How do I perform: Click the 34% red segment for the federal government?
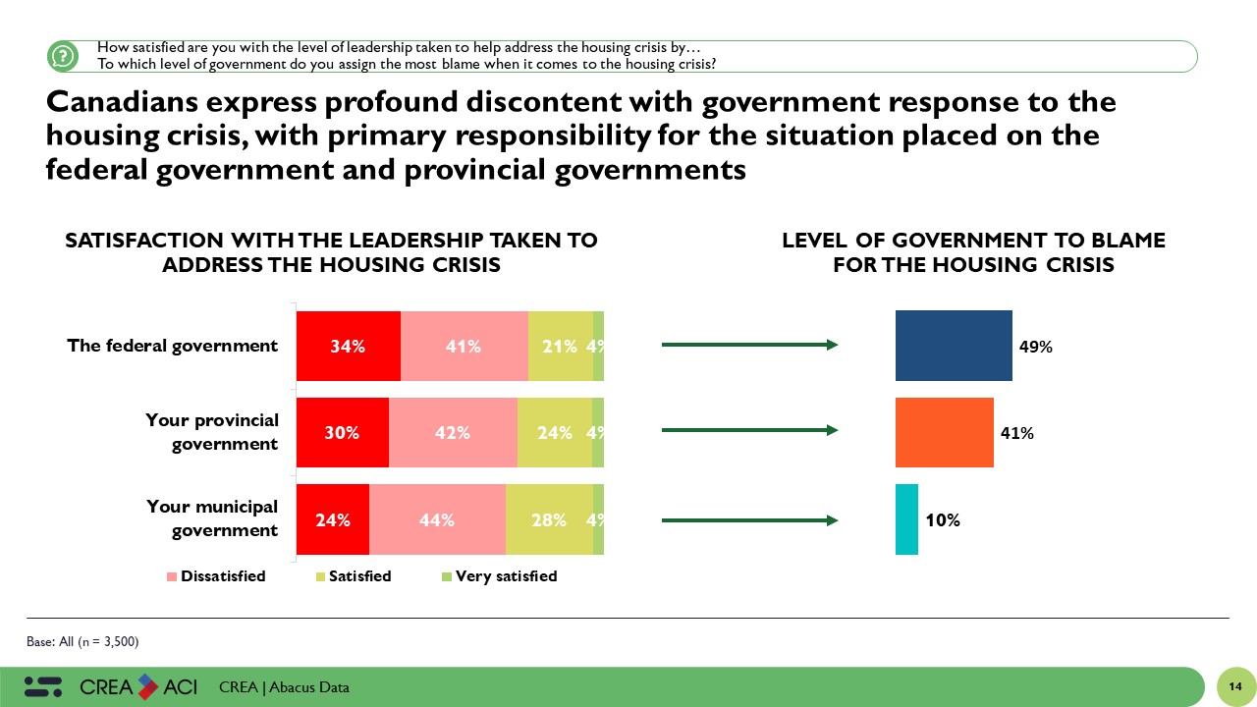(348, 346)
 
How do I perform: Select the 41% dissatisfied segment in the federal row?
(464, 346)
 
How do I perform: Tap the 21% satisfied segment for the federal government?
(560, 346)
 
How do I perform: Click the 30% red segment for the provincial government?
(343, 432)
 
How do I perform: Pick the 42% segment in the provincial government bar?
(453, 432)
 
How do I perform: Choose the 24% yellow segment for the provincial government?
(554, 432)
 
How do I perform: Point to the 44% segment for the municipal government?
(437, 519)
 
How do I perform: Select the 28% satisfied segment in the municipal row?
(549, 519)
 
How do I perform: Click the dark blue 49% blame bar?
(954, 346)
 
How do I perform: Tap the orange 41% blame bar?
(944, 432)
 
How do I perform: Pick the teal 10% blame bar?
(906, 519)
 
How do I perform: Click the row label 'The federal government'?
(173, 346)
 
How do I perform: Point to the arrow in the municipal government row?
(749, 519)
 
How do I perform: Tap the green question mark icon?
(62, 56)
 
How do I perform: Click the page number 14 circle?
(1235, 686)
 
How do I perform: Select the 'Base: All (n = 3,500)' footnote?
(82, 642)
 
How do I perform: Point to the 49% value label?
(1036, 347)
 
